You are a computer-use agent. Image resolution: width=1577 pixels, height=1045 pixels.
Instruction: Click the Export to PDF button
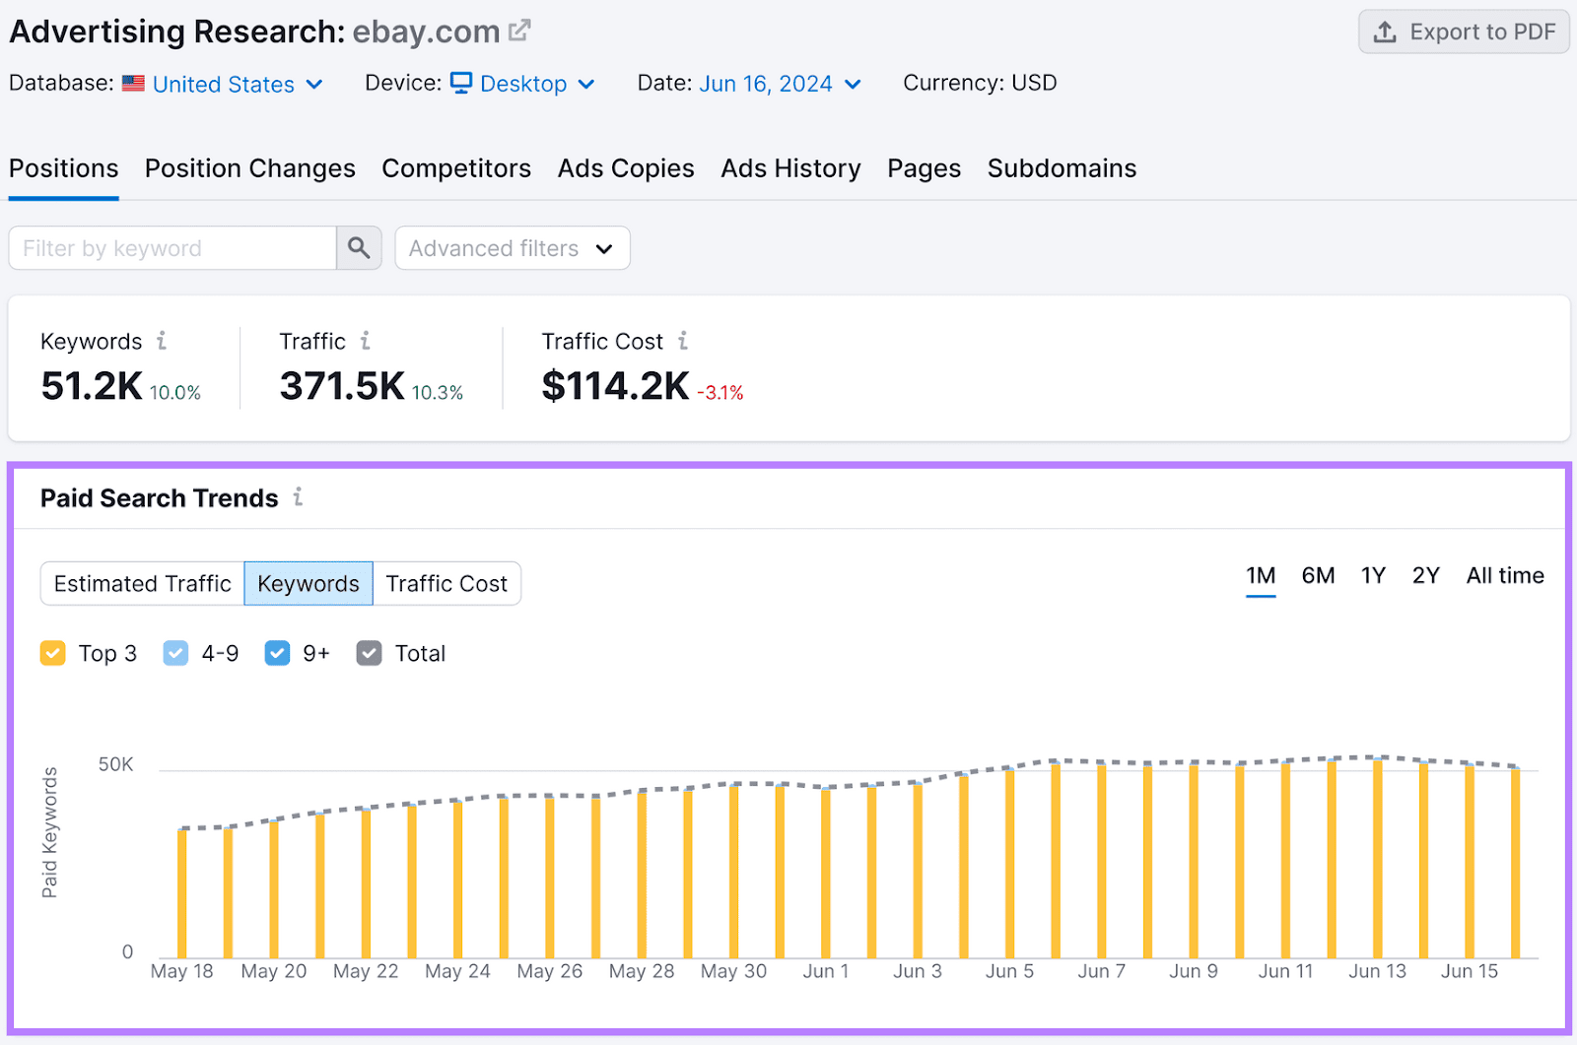point(1463,33)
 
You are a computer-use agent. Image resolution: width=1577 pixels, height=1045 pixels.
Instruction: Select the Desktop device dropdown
point(523,85)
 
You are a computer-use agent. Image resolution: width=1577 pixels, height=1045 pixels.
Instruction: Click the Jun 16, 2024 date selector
point(780,85)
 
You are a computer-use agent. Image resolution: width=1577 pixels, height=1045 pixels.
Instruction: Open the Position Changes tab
point(249,169)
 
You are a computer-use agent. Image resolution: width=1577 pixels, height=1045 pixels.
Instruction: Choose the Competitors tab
point(456,169)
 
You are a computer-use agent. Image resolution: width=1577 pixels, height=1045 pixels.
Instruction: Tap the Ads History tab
point(790,169)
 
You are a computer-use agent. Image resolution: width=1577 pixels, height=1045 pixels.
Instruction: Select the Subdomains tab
point(1062,169)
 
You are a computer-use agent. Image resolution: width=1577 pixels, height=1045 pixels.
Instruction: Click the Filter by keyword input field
point(172,249)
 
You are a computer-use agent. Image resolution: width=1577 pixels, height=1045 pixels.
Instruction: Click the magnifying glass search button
point(359,249)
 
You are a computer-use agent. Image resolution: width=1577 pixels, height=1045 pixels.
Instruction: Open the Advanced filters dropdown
point(512,249)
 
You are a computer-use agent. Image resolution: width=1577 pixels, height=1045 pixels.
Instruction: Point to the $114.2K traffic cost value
point(615,386)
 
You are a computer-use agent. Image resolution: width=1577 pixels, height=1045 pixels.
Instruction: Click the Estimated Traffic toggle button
point(143,584)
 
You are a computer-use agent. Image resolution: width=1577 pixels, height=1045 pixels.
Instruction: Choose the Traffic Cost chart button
point(446,584)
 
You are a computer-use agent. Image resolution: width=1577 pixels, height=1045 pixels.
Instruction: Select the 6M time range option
point(1318,576)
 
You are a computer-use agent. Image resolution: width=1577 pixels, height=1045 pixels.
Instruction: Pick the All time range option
point(1504,576)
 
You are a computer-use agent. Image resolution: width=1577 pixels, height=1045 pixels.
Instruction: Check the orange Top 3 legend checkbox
point(53,654)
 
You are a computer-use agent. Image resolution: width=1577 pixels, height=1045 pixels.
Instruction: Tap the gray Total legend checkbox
point(370,654)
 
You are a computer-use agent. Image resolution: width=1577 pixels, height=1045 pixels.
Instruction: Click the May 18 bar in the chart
point(182,892)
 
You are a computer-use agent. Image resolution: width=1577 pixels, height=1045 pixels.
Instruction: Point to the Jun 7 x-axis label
point(1101,972)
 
